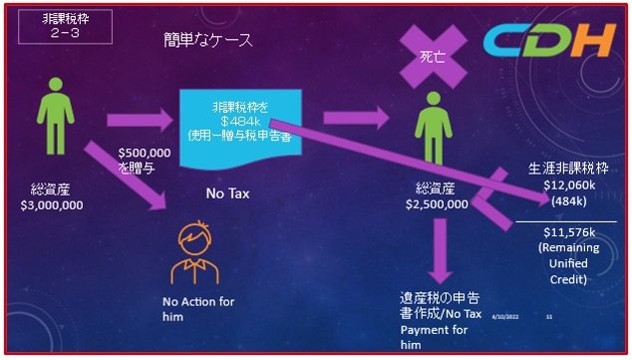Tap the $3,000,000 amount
point(52,205)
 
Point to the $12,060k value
point(569,185)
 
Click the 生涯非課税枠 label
point(568,170)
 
